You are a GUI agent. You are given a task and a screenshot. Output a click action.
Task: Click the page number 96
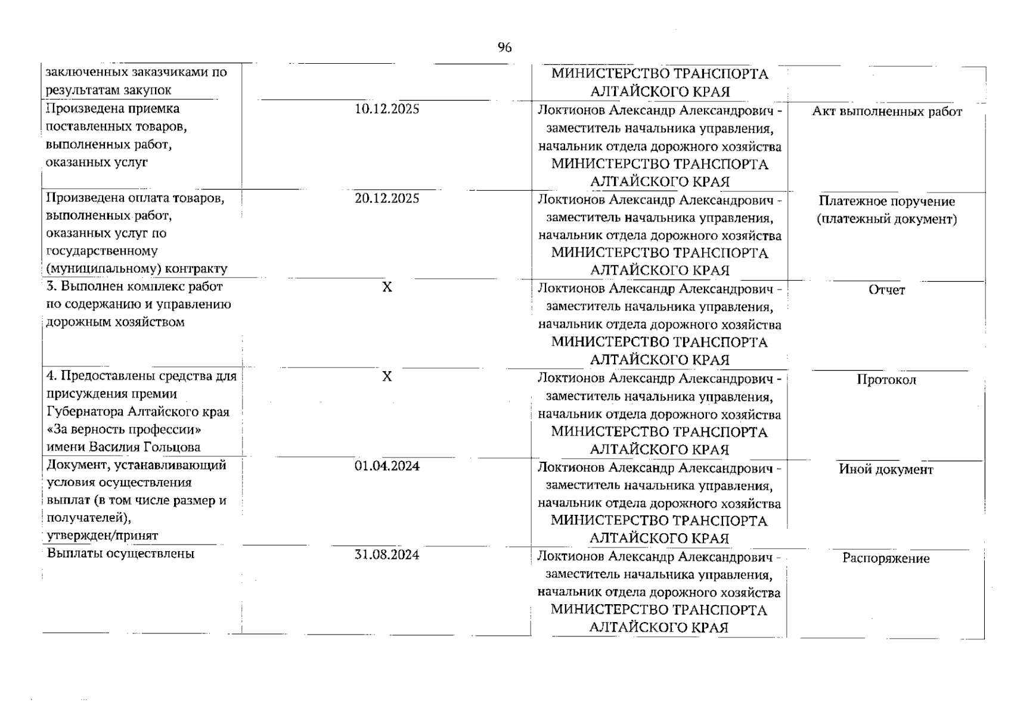click(x=504, y=48)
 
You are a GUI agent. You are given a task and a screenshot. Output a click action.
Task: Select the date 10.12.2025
click(x=387, y=109)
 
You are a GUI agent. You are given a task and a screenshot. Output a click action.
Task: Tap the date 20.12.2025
click(x=387, y=198)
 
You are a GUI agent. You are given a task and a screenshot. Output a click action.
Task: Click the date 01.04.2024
click(x=387, y=466)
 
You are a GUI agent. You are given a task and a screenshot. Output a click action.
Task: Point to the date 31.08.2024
click(x=387, y=555)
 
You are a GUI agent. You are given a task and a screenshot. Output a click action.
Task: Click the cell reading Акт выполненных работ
click(x=886, y=112)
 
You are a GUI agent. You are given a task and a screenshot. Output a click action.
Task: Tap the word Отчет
click(x=886, y=290)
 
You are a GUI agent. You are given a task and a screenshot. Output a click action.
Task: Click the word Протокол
click(x=886, y=380)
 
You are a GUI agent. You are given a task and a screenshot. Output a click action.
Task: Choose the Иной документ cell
click(x=886, y=470)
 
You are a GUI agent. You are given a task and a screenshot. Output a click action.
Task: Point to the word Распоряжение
click(x=886, y=559)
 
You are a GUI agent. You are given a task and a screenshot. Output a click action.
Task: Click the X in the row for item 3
click(x=387, y=287)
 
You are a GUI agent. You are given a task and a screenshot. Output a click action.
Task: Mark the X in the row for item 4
click(x=387, y=377)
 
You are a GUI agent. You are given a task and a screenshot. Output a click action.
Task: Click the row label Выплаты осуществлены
click(x=120, y=554)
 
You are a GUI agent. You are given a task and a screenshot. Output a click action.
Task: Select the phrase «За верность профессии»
click(x=124, y=430)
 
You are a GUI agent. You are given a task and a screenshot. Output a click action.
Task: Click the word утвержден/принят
click(x=103, y=536)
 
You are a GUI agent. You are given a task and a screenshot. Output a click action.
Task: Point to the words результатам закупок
click(x=108, y=91)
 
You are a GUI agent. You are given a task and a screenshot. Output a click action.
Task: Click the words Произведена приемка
click(x=113, y=108)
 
